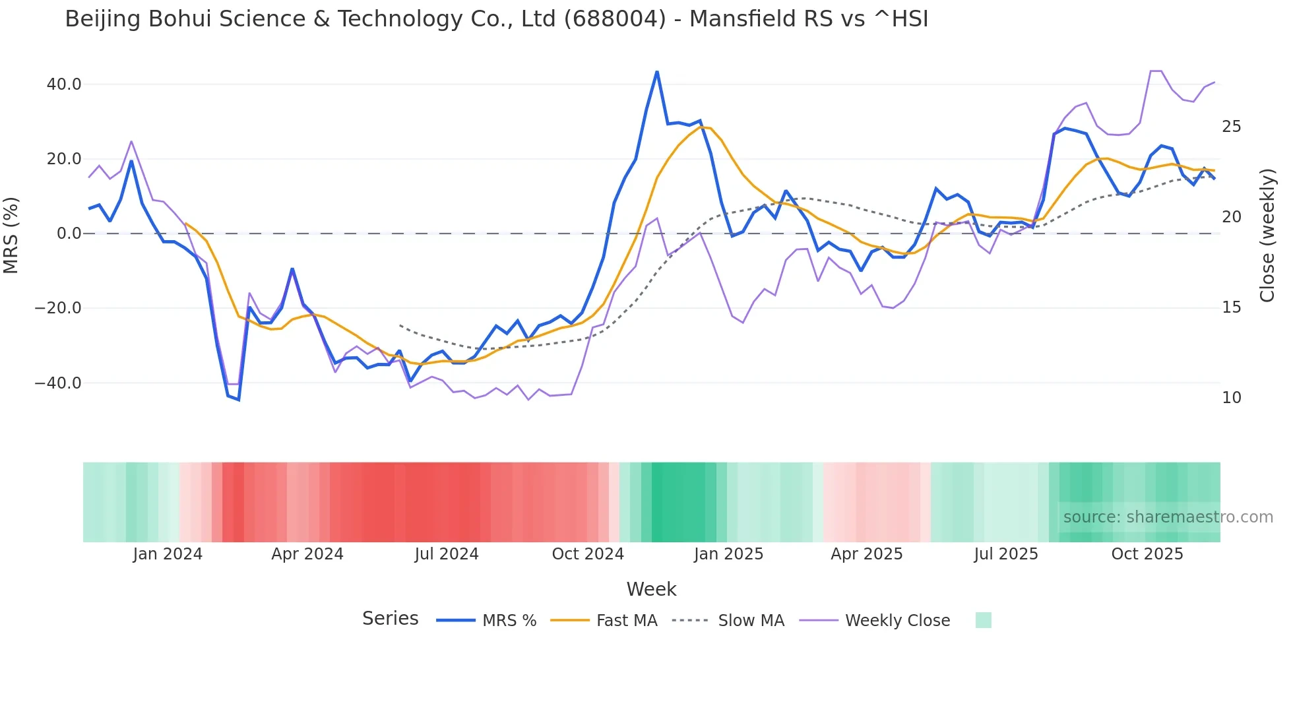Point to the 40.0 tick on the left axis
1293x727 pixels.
pos(64,84)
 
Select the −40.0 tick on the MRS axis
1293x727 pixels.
pos(58,383)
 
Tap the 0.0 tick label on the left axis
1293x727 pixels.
pos(69,234)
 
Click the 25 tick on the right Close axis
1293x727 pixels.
pos(1231,127)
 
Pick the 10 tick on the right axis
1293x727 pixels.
pos(1231,398)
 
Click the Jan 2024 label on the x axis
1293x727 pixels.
pos(168,554)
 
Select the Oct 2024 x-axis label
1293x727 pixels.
pos(588,554)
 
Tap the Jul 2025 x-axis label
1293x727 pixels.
pos(1006,554)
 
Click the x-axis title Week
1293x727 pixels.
pos(651,589)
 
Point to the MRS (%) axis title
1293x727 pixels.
pos(11,235)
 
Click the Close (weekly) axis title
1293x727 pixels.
pos(1267,235)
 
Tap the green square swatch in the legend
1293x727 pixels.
pos(983,620)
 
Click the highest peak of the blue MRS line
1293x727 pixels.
pos(657,71)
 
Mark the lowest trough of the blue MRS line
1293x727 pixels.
pos(238,400)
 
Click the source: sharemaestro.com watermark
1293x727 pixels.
pos(1168,517)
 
